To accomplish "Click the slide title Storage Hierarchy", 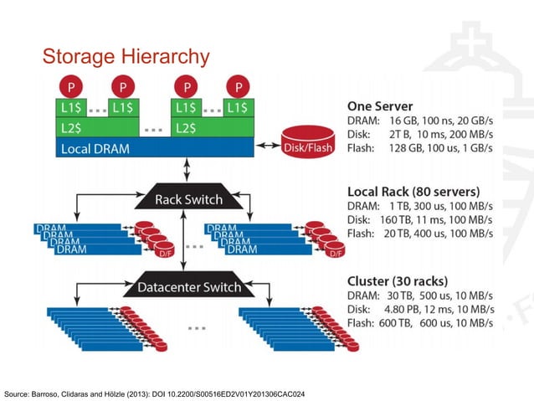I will [125, 57].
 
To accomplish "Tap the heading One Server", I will [381, 106].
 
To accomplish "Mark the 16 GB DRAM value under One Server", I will [405, 121].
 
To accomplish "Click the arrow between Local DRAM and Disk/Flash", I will [267, 146].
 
